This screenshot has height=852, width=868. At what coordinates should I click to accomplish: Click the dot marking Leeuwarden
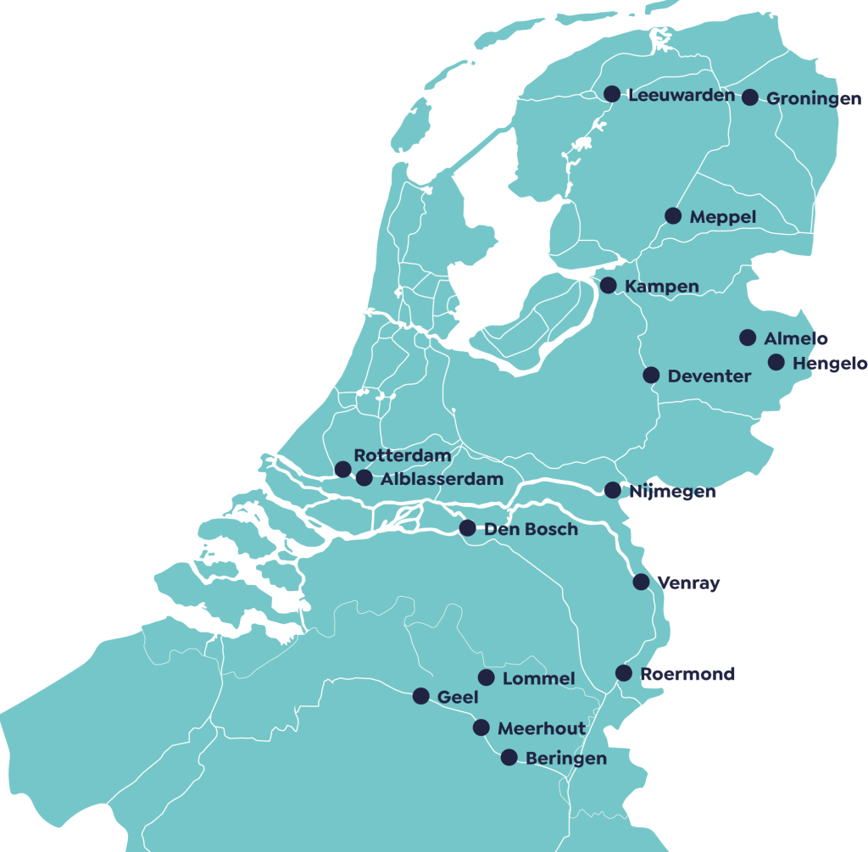(x=611, y=94)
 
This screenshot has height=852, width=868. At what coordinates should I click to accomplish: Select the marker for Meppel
(x=673, y=216)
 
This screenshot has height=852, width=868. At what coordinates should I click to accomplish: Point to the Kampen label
(x=661, y=287)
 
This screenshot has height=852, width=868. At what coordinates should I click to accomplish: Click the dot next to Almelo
(x=748, y=337)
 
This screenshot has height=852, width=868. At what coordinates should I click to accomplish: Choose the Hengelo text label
(x=830, y=364)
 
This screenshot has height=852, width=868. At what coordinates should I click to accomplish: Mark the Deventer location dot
(x=651, y=375)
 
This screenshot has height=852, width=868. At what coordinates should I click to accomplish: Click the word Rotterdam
(x=403, y=456)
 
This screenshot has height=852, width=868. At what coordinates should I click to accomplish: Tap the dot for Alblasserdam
(x=364, y=478)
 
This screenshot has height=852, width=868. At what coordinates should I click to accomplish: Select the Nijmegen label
(x=672, y=492)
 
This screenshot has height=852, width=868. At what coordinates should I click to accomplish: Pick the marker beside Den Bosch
(x=467, y=528)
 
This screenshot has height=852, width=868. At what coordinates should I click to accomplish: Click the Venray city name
(x=689, y=583)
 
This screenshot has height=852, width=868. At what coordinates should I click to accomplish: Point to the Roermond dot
(x=624, y=673)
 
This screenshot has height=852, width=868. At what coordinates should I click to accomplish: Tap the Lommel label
(x=539, y=679)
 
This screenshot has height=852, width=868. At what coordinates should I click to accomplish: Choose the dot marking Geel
(x=420, y=696)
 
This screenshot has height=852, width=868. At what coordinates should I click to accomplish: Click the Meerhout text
(x=542, y=728)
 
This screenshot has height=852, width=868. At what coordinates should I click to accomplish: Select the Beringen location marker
(x=509, y=757)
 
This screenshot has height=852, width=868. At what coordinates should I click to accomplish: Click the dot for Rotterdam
(x=343, y=469)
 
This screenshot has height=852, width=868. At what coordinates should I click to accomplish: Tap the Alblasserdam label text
(x=442, y=480)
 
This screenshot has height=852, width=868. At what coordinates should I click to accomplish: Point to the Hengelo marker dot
(x=776, y=362)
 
